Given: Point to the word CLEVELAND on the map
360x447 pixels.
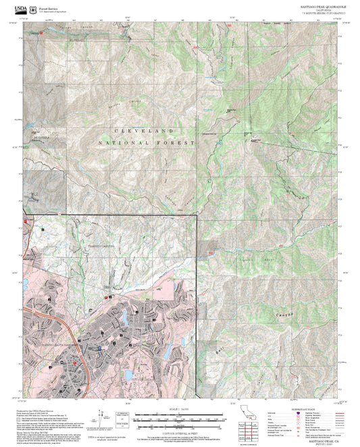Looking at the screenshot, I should pos(143,130).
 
